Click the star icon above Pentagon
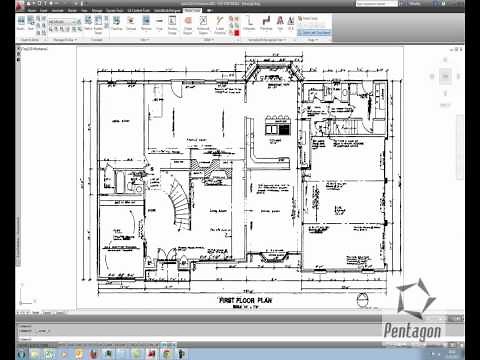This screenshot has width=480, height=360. pyautogui.click(x=416, y=298)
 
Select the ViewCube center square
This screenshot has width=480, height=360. pyautogui.click(x=446, y=75)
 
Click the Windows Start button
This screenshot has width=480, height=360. pyautogui.click(x=9, y=353)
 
